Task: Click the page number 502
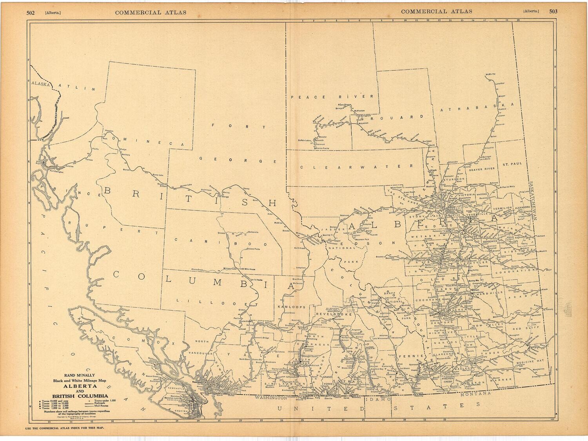pyautogui.click(x=31, y=12)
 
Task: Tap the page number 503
pyautogui.click(x=553, y=11)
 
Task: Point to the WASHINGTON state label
pyautogui.click(x=270, y=397)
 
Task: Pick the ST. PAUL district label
pyautogui.click(x=512, y=164)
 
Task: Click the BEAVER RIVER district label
pyautogui.click(x=482, y=169)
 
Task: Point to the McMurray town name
pyautogui.click(x=490, y=74)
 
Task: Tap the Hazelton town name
pyautogui.click(x=109, y=130)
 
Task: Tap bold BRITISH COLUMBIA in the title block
pyautogui.click(x=80, y=396)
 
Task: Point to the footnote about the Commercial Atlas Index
pyautogui.click(x=65, y=428)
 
